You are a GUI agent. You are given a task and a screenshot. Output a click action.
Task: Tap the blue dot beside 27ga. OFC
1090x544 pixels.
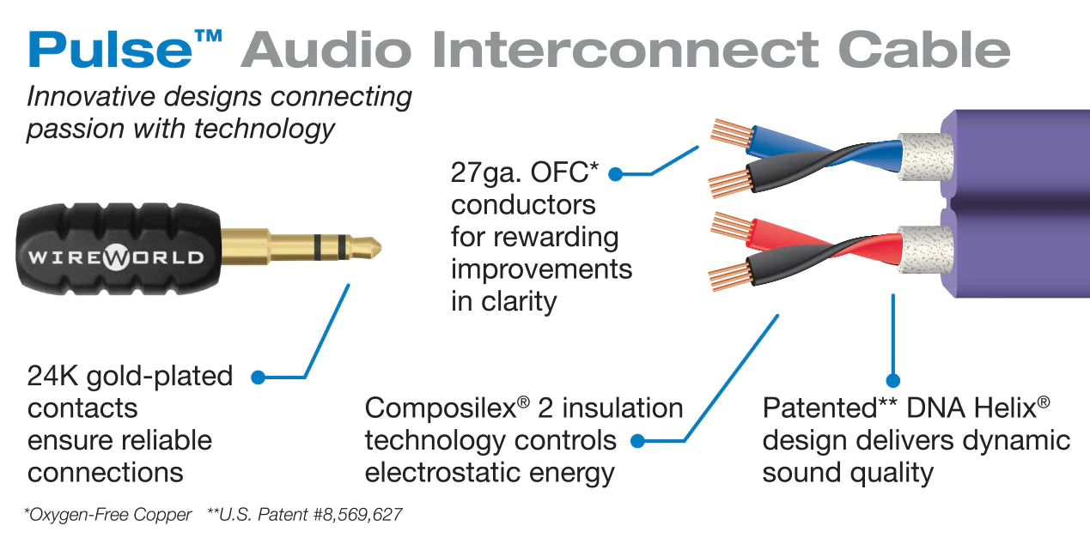(x=615, y=174)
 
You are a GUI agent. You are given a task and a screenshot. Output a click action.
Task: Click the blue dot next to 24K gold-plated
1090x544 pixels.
(x=257, y=376)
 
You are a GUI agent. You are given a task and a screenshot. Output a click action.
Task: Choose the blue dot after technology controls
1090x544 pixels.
(x=637, y=441)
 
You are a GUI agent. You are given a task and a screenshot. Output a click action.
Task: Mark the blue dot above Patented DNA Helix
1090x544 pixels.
(x=893, y=379)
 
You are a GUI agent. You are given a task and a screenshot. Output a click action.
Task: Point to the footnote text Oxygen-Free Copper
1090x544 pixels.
(x=110, y=516)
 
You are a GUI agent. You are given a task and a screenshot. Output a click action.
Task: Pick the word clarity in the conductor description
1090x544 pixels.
(x=525, y=302)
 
